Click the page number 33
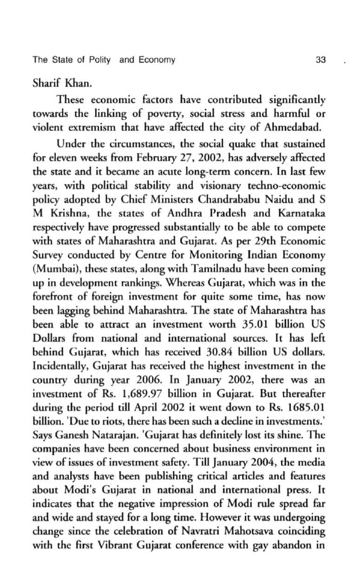pos(321,60)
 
